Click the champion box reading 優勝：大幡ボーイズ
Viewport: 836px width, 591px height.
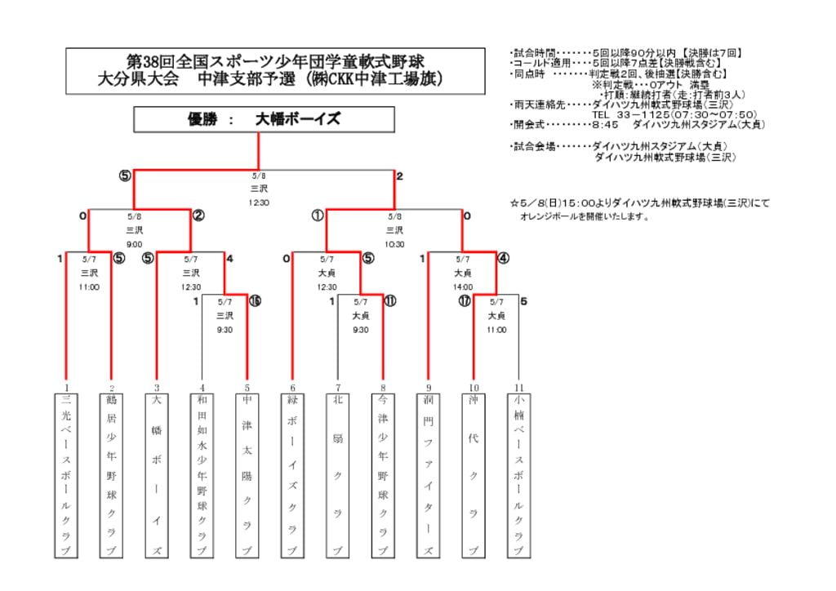coord(264,119)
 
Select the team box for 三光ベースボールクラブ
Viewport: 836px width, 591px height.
coord(66,475)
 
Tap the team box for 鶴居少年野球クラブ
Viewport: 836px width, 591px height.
coord(111,475)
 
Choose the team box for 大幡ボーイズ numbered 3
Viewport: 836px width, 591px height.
coord(156,475)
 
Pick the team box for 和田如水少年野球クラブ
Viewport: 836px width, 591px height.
coord(202,475)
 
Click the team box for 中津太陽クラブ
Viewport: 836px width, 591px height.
coord(247,475)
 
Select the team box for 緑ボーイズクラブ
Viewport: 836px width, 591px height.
coord(292,475)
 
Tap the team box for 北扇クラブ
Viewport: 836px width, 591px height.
coord(337,475)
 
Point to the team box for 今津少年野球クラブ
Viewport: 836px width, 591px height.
coord(382,475)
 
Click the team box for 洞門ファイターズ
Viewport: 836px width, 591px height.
coord(428,475)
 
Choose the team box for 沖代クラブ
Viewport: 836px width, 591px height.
coord(473,475)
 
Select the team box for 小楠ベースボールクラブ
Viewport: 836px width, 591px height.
coord(518,475)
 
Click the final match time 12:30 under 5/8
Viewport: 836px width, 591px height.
coord(259,202)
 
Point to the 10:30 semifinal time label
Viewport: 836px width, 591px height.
coord(394,244)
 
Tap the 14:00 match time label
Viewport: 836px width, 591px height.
coord(462,287)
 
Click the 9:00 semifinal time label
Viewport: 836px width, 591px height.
coord(135,244)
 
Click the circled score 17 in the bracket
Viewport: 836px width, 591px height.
coord(464,301)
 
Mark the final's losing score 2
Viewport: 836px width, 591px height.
coord(400,176)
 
